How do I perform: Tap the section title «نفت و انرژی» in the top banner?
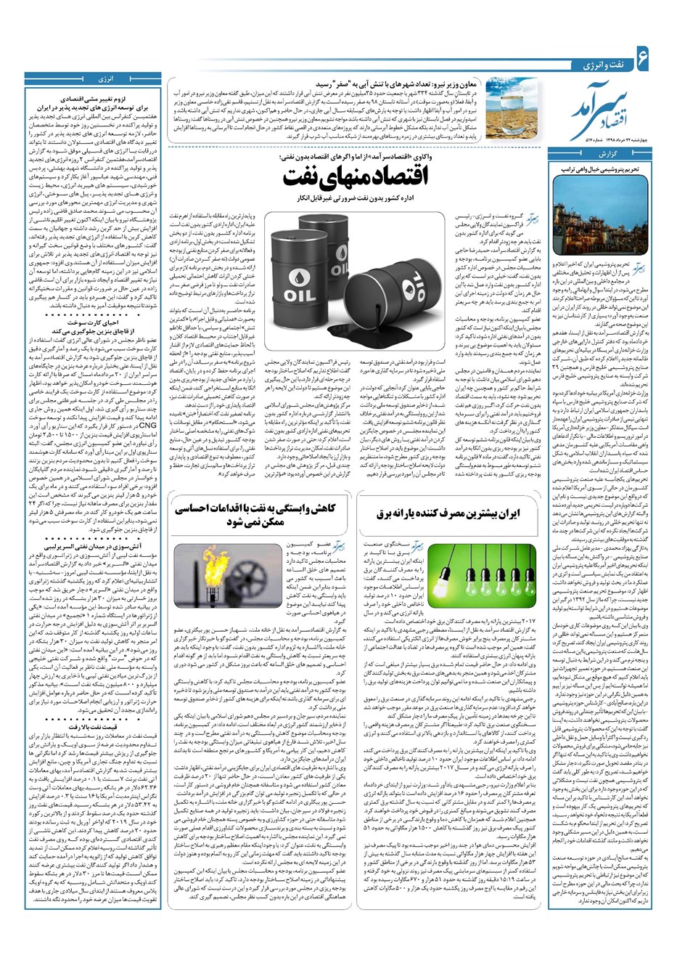[x=601, y=65]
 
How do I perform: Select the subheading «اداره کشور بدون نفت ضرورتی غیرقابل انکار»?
[x=355, y=198]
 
